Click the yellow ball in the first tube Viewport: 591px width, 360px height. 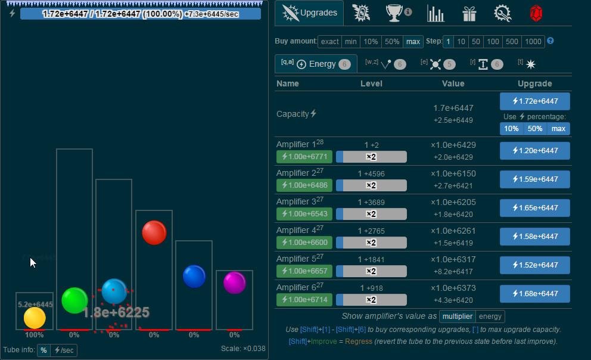(35, 318)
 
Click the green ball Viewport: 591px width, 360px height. (74, 300)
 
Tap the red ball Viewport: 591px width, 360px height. (154, 232)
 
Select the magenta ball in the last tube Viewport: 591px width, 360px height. (235, 283)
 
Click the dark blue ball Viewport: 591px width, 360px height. (194, 277)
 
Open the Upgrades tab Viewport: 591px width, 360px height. (309, 13)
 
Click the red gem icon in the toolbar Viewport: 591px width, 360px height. (536, 13)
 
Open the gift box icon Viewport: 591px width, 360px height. (469, 13)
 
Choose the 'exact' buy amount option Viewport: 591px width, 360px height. (329, 41)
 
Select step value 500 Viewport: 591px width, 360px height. (511, 41)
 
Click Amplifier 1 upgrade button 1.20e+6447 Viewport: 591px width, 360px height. (534, 151)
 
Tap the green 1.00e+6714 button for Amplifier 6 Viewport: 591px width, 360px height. (304, 300)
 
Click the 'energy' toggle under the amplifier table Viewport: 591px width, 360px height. (490, 316)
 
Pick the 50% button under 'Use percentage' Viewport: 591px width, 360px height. (534, 129)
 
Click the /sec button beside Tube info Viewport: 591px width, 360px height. (64, 350)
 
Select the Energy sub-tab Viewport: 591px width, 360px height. (316, 64)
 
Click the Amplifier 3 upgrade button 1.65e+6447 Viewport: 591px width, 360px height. (534, 208)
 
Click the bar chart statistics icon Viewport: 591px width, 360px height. (436, 13)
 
